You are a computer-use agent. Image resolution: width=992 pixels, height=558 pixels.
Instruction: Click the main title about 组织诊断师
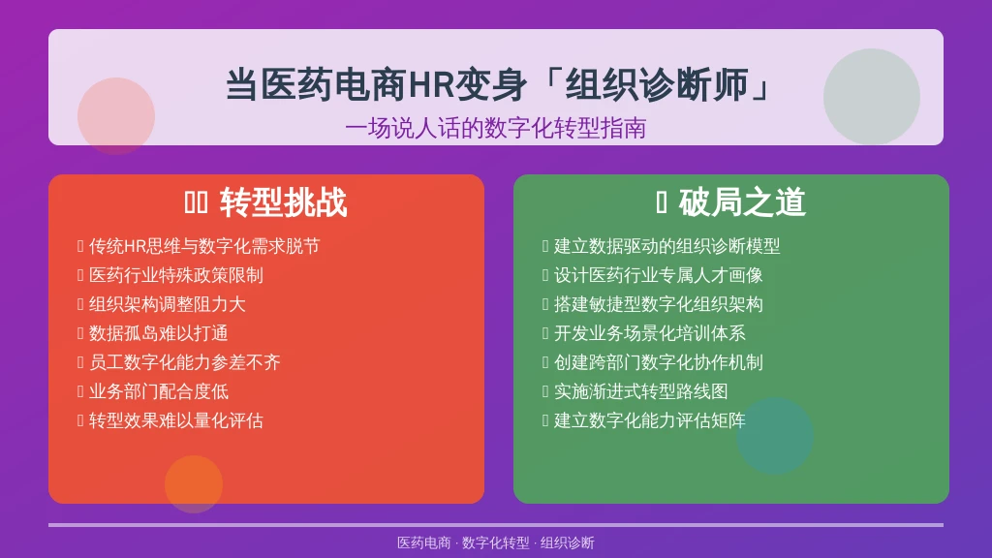[499, 85]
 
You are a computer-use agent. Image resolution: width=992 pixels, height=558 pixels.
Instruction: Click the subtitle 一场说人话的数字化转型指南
[495, 129]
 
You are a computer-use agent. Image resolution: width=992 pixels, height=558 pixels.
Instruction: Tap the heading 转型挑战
[284, 203]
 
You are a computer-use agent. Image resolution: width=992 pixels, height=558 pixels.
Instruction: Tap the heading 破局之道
[742, 202]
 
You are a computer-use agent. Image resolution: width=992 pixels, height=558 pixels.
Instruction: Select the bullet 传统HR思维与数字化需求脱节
[204, 246]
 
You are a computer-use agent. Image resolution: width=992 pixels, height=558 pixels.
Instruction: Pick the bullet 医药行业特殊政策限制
[176, 275]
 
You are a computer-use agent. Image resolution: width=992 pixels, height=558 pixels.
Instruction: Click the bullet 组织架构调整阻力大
[167, 304]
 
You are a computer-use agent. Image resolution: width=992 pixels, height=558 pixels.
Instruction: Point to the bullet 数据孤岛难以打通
[158, 333]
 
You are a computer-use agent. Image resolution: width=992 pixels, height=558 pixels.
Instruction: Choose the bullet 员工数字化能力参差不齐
[184, 362]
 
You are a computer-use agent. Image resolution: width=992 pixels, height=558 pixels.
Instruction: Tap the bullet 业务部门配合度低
[158, 391]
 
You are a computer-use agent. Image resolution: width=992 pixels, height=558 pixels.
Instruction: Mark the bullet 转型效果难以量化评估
[176, 420]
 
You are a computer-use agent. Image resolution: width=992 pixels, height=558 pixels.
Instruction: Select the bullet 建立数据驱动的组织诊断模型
[666, 246]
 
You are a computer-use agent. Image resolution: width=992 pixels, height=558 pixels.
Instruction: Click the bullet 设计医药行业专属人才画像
[658, 275]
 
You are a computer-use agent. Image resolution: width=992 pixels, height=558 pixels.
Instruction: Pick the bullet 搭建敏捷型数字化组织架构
[658, 304]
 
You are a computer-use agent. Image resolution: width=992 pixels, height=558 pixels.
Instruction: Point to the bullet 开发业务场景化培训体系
[650, 333]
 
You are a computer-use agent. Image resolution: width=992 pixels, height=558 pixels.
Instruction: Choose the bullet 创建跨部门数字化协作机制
[658, 362]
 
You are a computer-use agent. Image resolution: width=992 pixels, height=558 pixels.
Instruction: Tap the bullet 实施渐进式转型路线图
[641, 391]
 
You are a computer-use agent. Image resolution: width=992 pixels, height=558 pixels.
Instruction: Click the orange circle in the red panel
[194, 484]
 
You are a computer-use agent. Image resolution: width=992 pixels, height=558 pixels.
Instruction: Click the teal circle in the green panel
[774, 436]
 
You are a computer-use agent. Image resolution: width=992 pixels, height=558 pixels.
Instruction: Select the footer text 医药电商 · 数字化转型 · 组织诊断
[495, 542]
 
